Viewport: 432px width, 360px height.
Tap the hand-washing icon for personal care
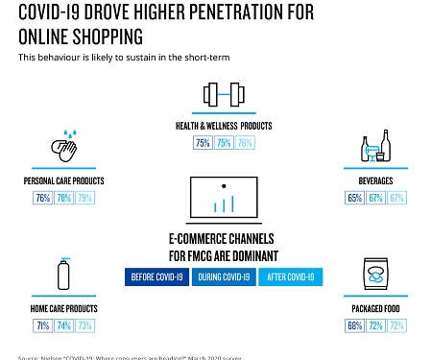[64, 148]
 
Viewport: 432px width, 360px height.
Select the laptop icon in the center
[223, 199]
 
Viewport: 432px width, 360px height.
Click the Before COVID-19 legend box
[158, 276]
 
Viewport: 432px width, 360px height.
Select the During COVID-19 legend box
[223, 276]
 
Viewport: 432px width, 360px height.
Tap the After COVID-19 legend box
[291, 276]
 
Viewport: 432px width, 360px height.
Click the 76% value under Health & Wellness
[246, 143]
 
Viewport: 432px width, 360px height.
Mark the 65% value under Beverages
[354, 198]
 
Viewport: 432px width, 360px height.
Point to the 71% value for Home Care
[43, 325]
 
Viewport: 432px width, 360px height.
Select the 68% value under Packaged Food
[354, 326]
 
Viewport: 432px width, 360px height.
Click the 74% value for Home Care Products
[64, 325]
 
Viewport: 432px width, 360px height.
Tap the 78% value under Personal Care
[64, 198]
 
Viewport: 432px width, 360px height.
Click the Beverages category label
[375, 180]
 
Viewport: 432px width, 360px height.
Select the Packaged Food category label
[375, 310]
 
